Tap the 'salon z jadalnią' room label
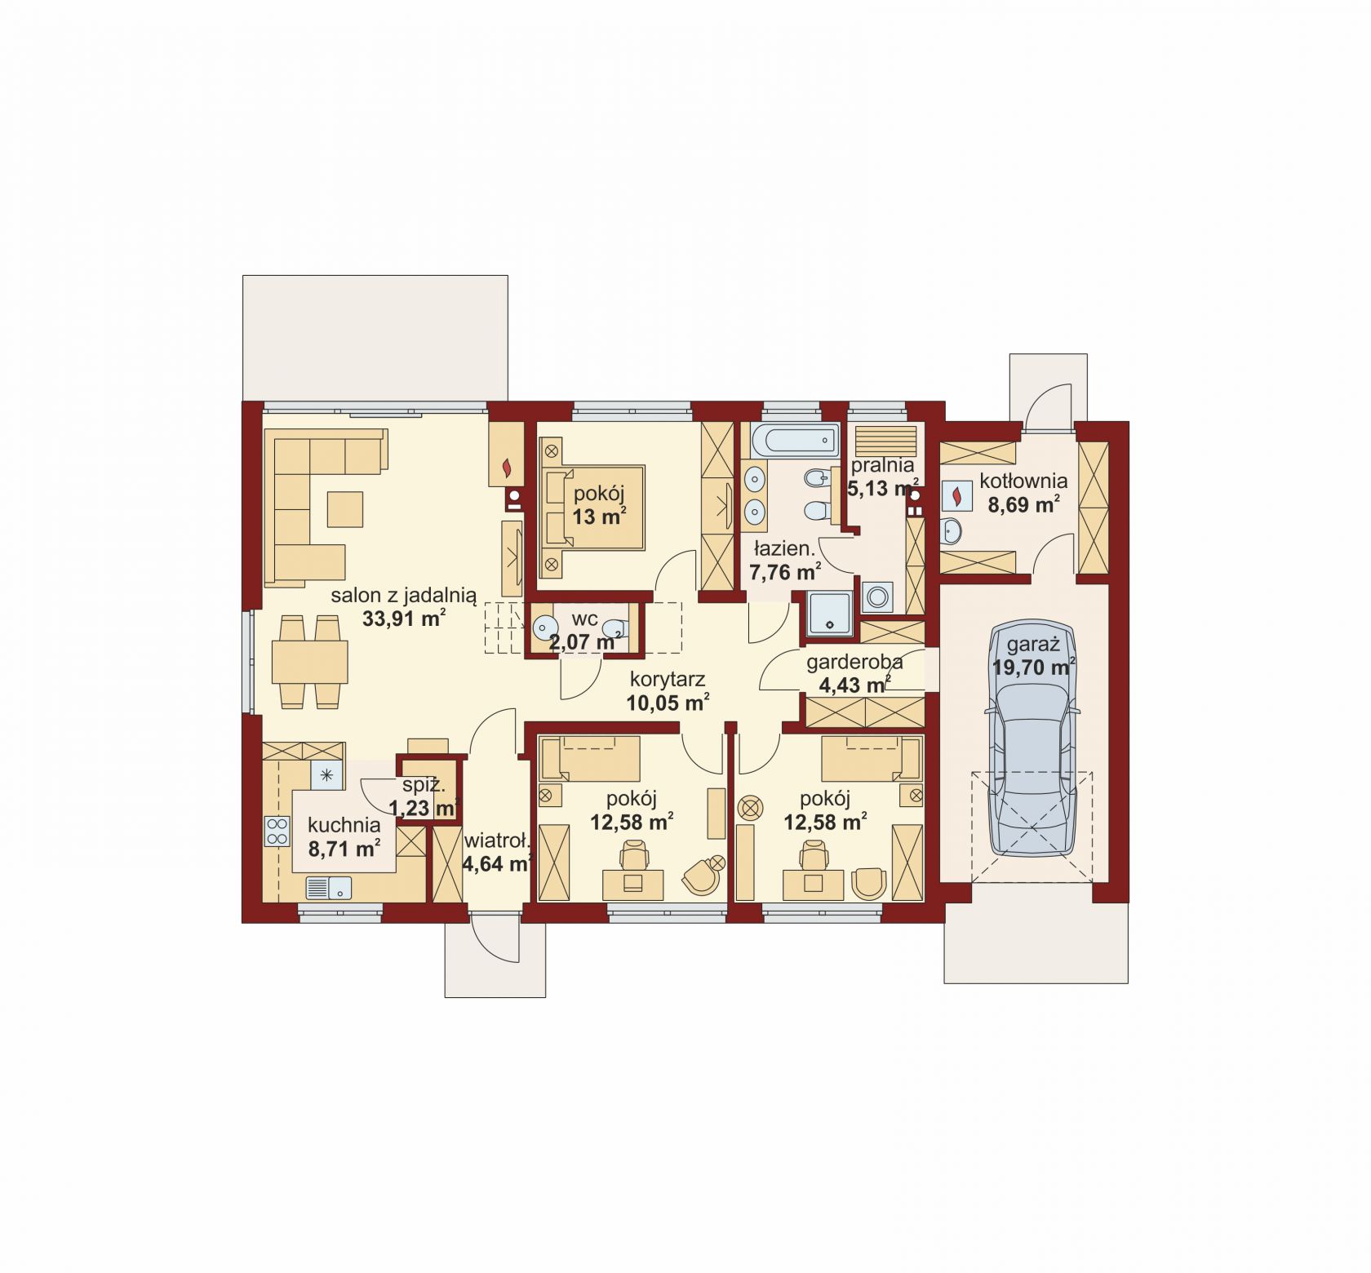tap(403, 597)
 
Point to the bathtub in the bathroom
tap(796, 441)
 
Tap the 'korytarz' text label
tap(667, 679)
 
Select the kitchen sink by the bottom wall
tap(328, 887)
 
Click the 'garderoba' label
tap(854, 663)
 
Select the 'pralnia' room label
tap(881, 467)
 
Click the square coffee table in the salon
tap(345, 508)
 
